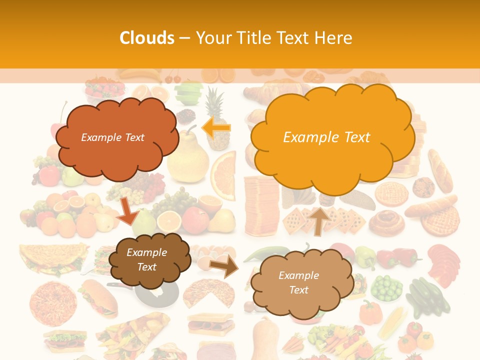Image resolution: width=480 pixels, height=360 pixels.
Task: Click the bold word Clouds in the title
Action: (147, 38)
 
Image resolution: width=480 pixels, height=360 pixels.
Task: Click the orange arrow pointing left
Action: (216, 127)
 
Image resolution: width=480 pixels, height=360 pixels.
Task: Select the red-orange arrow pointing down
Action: (127, 211)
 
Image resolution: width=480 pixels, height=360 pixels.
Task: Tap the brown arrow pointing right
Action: (224, 266)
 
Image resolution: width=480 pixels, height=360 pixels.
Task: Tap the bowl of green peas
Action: (386, 287)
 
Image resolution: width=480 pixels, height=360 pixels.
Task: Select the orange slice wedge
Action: (223, 175)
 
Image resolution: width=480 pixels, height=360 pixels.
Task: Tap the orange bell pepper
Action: (370, 312)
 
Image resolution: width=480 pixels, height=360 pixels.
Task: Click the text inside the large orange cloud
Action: (326, 137)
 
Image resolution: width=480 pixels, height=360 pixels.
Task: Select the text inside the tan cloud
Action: (298, 282)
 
